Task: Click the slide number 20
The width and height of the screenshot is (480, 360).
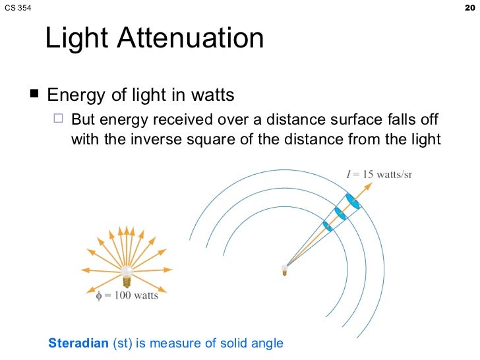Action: (469, 7)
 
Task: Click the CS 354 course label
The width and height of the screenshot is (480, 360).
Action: (17, 8)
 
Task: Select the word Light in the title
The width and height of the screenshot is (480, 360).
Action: (76, 39)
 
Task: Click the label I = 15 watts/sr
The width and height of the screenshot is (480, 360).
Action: (379, 175)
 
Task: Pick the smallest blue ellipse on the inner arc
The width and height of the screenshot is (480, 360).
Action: (328, 226)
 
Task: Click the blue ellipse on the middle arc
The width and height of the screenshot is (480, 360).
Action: (340, 214)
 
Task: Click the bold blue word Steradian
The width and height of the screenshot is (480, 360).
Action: (78, 343)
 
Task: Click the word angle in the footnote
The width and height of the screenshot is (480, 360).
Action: (268, 343)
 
